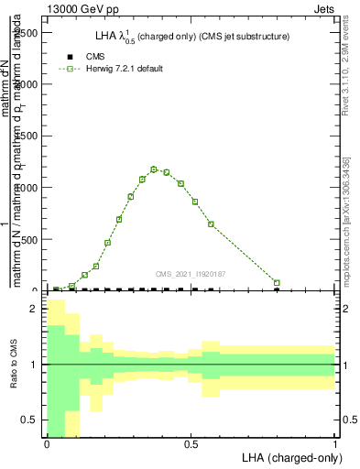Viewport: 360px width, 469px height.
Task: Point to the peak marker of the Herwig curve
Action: (x=154, y=169)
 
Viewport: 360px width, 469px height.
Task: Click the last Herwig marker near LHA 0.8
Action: (x=277, y=283)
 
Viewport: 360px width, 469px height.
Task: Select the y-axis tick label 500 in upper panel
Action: (x=30, y=240)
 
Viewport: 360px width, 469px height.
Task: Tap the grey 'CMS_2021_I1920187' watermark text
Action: (x=191, y=273)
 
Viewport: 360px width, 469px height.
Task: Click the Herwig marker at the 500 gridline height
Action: (x=107, y=243)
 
